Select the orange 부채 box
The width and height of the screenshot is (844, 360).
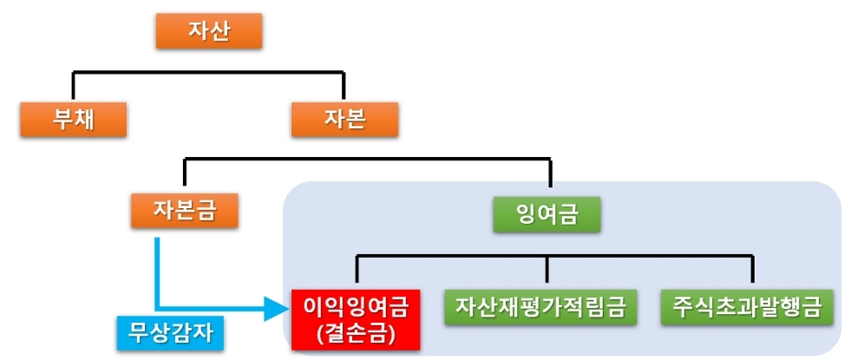74,119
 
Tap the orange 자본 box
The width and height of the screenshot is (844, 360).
344,119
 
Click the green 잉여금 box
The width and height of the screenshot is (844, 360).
546,214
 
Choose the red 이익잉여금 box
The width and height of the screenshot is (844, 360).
356,318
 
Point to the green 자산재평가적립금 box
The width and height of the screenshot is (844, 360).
546,307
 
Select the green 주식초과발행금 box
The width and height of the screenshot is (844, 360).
752,307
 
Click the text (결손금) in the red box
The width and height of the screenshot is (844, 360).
356,332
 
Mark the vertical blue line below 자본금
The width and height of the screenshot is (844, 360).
158,269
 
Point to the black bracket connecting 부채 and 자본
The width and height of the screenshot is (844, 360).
208,72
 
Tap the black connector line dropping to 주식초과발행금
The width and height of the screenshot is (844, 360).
752,272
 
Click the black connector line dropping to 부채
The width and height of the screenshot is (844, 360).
74,85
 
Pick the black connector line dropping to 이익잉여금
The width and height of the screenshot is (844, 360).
357,272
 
